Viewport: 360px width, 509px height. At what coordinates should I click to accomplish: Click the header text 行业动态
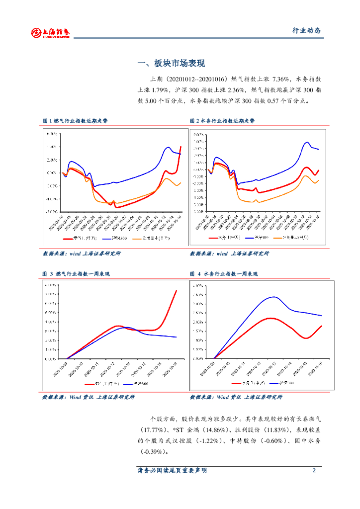click(x=306, y=30)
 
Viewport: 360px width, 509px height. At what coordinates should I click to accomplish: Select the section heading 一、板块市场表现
click(x=171, y=64)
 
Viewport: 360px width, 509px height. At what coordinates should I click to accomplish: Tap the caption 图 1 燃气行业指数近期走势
click(x=75, y=121)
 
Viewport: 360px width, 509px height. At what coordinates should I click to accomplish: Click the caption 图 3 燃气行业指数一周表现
click(x=76, y=274)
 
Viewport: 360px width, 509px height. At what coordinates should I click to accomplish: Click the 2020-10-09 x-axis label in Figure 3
click(x=62, y=369)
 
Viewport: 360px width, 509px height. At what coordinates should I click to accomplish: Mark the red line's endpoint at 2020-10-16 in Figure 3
click(x=177, y=290)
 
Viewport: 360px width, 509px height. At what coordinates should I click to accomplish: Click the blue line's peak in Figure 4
click(x=274, y=297)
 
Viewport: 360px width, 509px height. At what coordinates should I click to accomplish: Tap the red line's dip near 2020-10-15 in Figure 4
click(x=306, y=338)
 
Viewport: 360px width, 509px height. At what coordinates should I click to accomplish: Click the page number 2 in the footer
click(x=314, y=470)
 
